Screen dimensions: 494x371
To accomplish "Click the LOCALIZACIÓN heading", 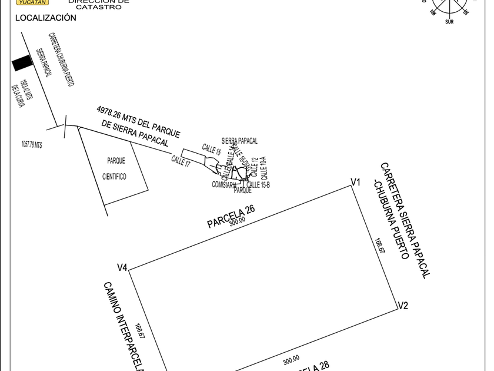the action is click(45, 18).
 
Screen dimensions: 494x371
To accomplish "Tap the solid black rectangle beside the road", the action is click(21, 63).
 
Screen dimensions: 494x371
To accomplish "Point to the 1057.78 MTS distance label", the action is click(32, 144).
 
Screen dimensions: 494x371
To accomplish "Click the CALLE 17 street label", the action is click(181, 160).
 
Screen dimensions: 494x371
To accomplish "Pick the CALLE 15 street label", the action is click(211, 149).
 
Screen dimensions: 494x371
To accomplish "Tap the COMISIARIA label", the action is click(224, 185).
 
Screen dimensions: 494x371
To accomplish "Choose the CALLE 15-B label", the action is click(258, 185).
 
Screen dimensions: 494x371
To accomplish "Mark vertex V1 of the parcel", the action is click(355, 183).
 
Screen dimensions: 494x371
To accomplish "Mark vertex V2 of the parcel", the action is click(402, 306).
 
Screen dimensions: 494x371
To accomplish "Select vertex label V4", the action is click(122, 268).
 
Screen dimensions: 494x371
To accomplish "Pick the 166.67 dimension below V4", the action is click(139, 330).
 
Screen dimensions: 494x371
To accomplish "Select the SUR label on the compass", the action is click(449, 22).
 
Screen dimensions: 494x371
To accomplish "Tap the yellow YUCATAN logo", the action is click(32, 2).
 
